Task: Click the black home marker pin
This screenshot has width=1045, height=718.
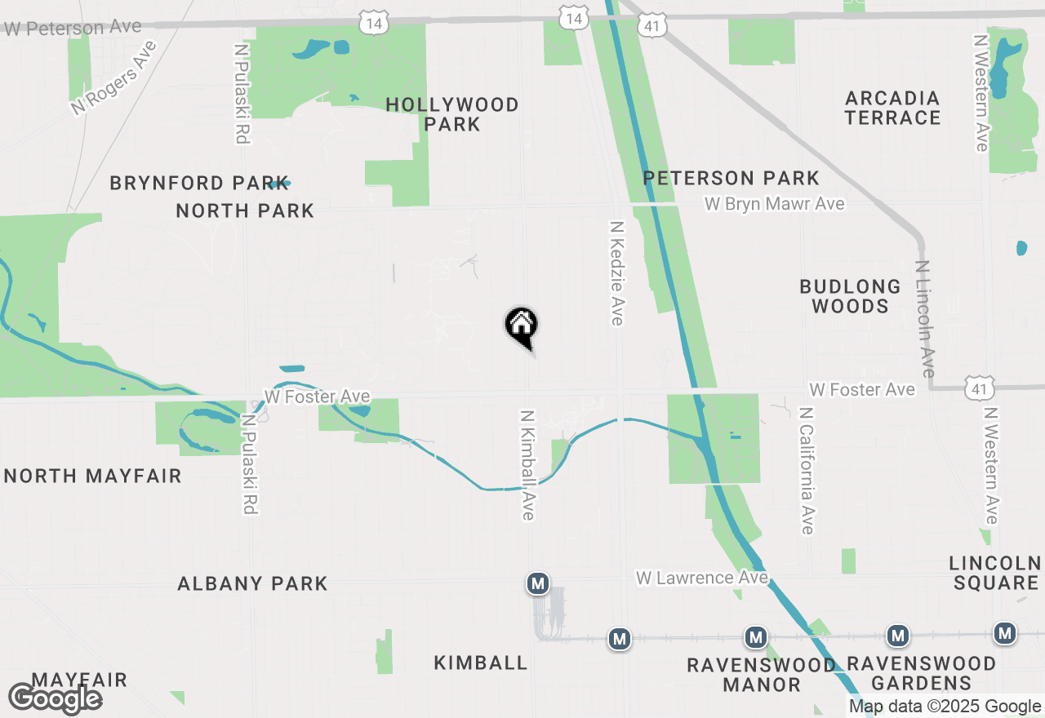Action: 522,327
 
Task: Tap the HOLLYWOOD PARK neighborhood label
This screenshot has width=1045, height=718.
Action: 452,114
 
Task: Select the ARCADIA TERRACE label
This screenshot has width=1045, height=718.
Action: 892,108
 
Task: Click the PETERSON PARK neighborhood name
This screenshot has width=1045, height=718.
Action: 731,178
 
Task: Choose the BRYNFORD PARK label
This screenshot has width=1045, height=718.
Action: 198,183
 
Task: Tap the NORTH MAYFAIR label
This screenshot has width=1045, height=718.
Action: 93,476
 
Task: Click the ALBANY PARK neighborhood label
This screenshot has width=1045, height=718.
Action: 252,583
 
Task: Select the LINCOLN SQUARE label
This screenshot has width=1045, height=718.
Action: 994,573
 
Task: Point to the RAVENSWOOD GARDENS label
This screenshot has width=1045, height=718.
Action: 922,673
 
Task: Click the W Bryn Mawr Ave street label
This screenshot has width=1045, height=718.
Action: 774,203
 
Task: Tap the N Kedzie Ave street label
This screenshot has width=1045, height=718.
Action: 617,273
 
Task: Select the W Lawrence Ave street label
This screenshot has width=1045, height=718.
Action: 701,578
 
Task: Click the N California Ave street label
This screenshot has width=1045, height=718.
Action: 807,471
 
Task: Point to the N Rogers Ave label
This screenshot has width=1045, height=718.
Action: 113,78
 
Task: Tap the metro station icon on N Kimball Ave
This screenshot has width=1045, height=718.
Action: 536,583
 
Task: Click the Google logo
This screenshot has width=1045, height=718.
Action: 55,698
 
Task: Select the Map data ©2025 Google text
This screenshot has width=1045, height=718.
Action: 945,707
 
